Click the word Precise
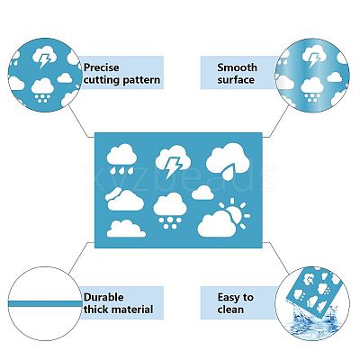point(101,67)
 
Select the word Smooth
point(237,67)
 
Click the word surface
point(236,80)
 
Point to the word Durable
point(103,297)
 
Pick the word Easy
point(229,298)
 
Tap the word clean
point(230,310)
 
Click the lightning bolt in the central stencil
point(173,167)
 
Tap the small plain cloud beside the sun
point(202,193)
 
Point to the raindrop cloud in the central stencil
point(121,159)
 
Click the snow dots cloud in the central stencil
point(170,211)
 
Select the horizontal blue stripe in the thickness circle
point(45,303)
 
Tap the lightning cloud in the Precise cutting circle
point(44,58)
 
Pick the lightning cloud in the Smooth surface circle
point(314,57)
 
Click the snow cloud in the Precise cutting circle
point(42,90)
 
